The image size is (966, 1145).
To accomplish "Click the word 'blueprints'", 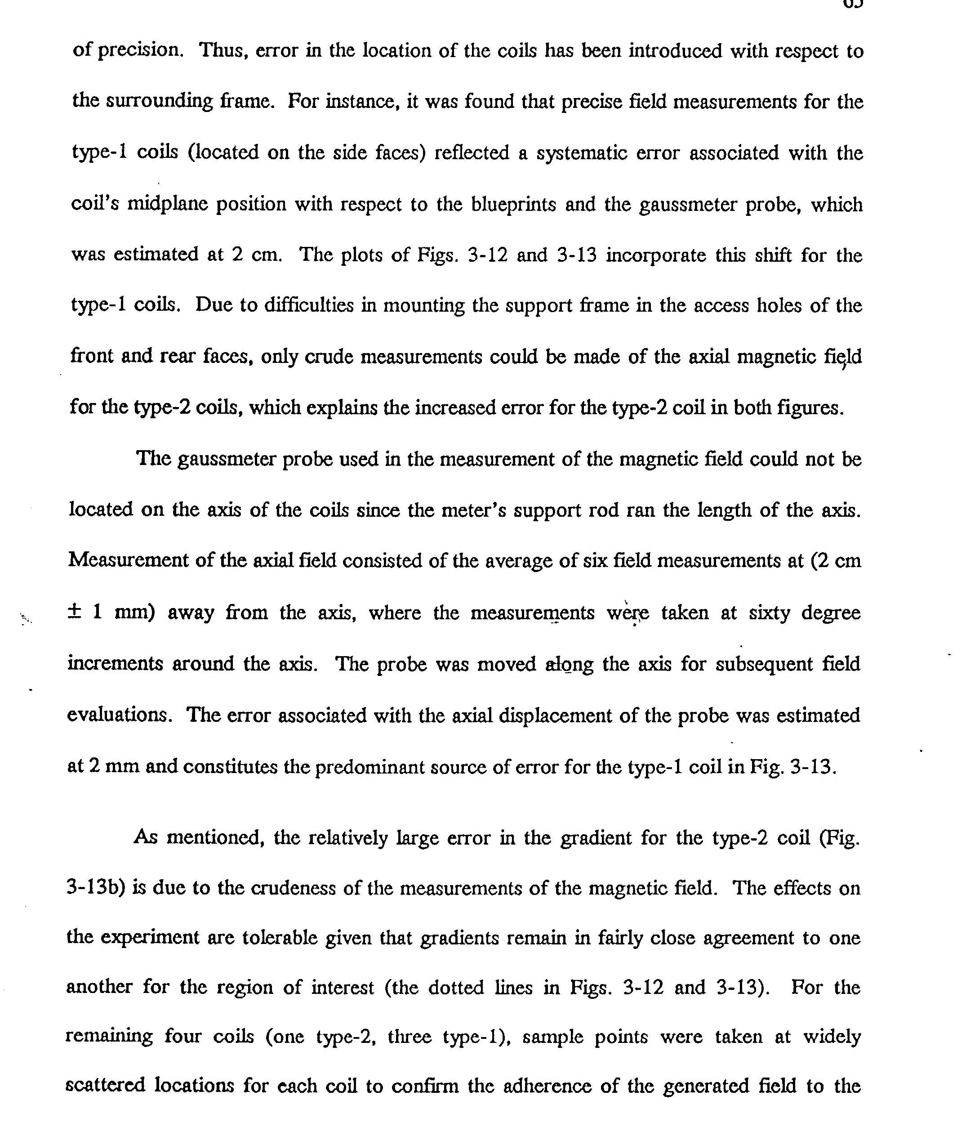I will click(514, 205).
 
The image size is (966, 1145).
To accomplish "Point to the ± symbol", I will click(75, 612).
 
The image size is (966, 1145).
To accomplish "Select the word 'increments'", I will click(115, 664).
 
